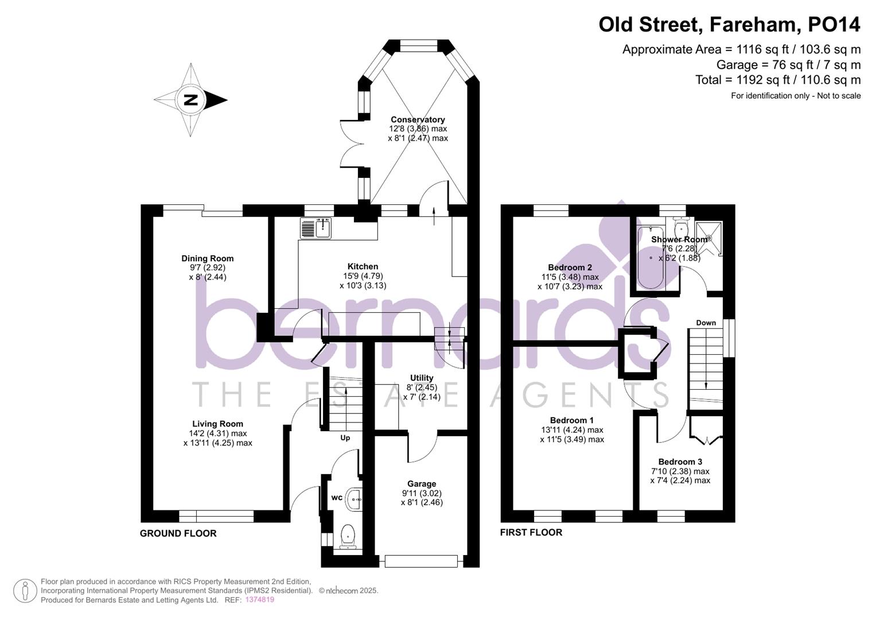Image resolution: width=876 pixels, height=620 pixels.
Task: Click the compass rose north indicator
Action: [191, 100]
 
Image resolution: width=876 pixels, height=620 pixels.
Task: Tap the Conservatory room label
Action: [418, 119]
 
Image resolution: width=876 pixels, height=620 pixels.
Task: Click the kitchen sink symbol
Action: [316, 228]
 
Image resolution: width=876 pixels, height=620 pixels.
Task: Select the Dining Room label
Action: [207, 258]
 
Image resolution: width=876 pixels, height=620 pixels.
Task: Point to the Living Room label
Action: [217, 424]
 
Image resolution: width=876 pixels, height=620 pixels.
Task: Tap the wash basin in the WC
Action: [355, 499]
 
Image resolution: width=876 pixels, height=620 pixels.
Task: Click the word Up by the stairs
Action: [345, 438]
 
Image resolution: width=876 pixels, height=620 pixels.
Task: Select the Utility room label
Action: [422, 378]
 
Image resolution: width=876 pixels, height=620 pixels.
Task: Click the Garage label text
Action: [422, 484]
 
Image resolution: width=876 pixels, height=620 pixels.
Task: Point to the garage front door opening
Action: [422, 561]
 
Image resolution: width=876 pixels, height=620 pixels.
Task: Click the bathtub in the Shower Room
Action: [651, 258]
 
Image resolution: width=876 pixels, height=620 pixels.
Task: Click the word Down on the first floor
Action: [706, 323]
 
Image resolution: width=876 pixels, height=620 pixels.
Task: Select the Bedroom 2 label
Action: [570, 268]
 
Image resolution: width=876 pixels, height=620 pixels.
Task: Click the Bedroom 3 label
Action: [680, 462]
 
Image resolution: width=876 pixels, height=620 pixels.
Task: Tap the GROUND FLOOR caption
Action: [178, 533]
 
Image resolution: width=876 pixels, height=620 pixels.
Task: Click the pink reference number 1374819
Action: [260, 600]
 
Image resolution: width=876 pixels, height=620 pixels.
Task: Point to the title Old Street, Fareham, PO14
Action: [729, 25]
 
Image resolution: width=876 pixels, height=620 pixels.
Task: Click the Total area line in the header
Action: [777, 80]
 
